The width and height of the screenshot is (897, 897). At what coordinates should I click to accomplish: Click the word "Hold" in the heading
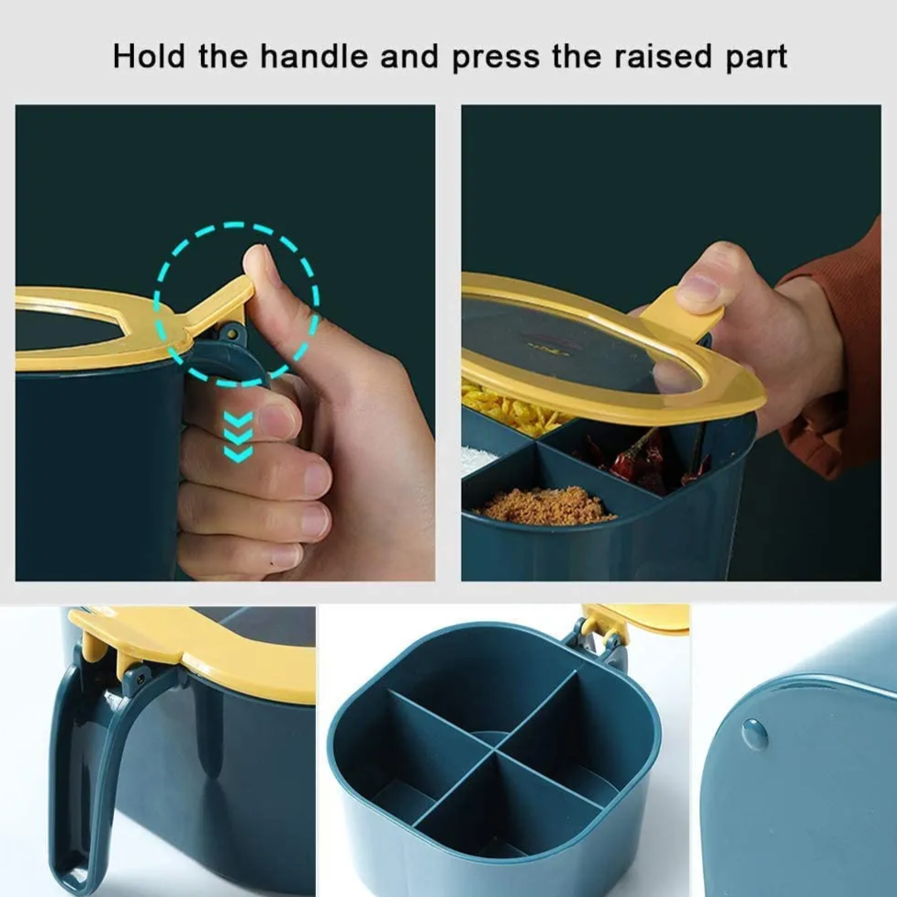pos(149,56)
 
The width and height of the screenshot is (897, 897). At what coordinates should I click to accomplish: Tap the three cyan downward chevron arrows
pos(239,437)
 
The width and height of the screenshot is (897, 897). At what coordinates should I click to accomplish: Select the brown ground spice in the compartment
pos(544,504)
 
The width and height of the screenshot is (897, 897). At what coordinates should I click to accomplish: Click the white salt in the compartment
pos(475,459)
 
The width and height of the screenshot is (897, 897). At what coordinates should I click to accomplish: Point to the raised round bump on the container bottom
pos(755,734)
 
